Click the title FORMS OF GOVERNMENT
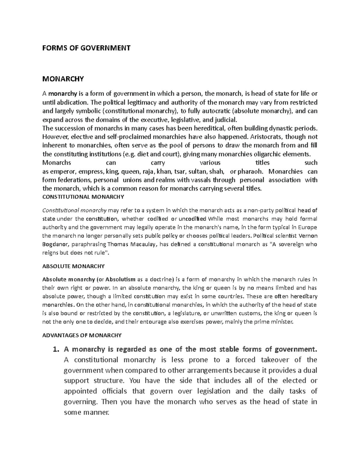pos(86,48)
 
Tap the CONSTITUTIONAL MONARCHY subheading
pos(83,197)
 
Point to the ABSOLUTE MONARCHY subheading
pos(73,266)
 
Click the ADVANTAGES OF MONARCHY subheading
pos(82,335)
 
